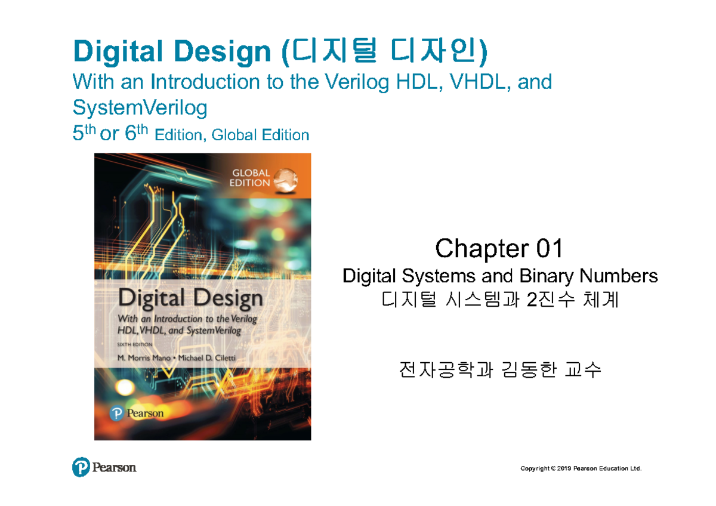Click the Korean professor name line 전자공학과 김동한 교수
pos(500,371)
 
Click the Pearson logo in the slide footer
pos(104,467)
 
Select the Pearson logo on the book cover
pos(137,412)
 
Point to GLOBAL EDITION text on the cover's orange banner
pos(250,178)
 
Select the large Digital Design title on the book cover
pos(190,298)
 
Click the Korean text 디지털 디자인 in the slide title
pos(382,53)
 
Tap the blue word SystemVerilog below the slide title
pos(140,108)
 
